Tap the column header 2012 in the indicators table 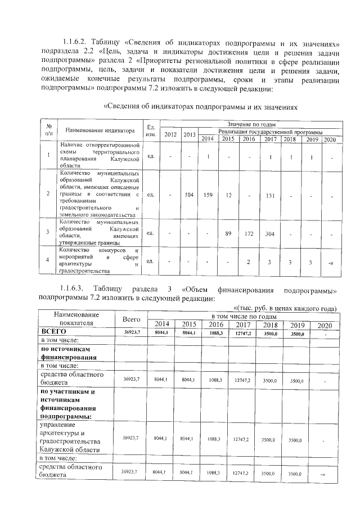point(170,134)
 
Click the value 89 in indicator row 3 point(228,232)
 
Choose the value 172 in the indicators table point(249,232)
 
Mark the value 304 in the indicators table point(271,232)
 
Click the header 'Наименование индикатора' point(100,130)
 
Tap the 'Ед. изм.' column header point(151,130)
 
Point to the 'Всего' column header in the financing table point(131,319)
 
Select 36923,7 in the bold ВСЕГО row point(131,333)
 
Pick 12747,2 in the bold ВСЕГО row point(241,333)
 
